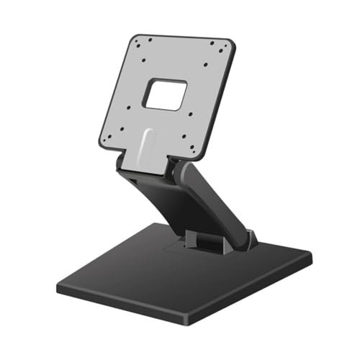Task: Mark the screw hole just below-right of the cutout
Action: tap(186, 117)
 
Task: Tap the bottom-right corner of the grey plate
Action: tap(199, 158)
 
